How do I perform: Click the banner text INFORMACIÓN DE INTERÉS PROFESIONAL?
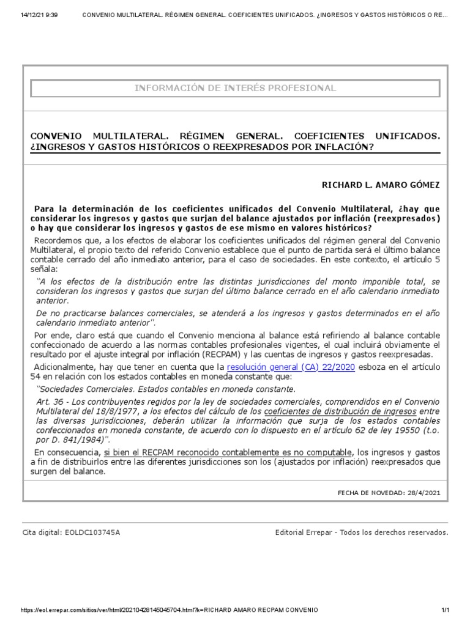coord(235,88)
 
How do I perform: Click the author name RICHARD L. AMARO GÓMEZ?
coord(381,184)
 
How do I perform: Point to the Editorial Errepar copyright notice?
coord(362,532)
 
